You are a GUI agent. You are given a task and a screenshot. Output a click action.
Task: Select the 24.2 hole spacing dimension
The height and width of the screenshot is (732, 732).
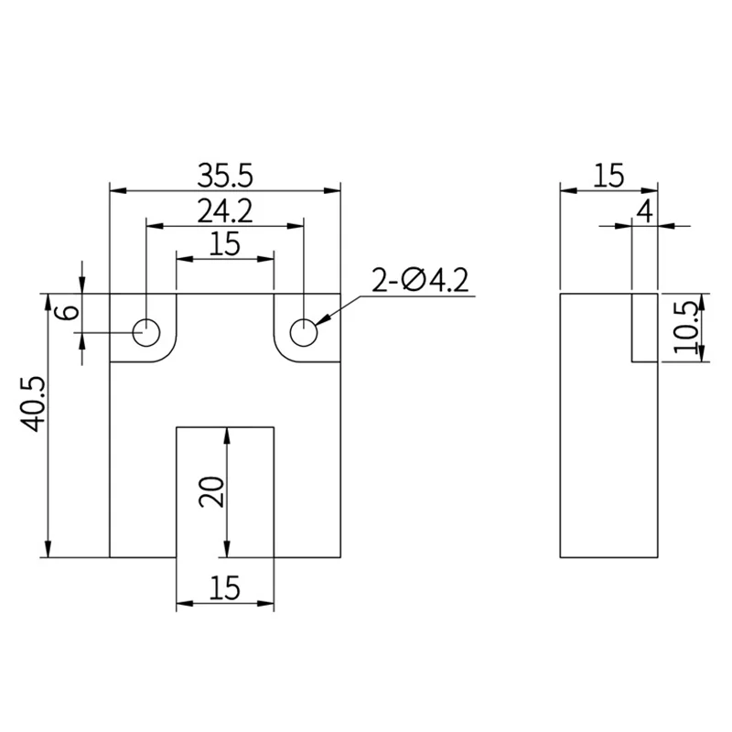pos(224,210)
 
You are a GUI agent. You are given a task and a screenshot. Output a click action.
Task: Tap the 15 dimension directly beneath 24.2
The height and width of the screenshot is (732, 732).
pos(224,244)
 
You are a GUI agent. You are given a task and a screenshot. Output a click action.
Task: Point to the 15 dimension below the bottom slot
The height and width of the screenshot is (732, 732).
pos(224,587)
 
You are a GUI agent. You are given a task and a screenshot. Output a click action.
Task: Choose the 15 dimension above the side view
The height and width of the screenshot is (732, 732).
pos(608,175)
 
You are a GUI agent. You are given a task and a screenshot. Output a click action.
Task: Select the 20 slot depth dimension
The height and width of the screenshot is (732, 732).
pos(210,492)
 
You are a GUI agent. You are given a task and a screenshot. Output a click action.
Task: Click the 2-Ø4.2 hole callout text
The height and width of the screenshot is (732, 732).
pos(420,280)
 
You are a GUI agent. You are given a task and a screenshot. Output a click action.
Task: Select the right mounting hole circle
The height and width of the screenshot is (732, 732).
pos(304,332)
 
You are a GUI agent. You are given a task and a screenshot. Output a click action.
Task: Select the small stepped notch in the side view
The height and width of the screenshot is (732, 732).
pos(644,328)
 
